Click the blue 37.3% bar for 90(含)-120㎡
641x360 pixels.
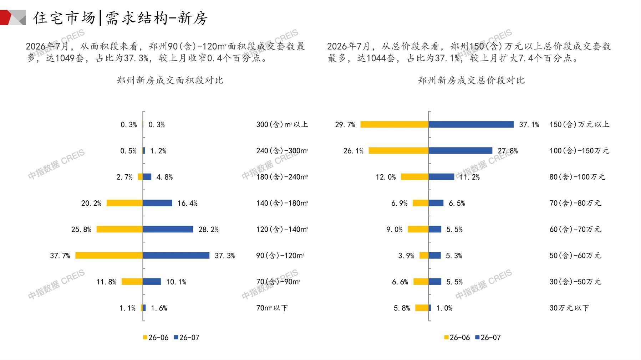coord(176,256)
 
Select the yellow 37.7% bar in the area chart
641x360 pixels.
coord(109,256)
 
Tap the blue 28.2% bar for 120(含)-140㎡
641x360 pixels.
coord(168,229)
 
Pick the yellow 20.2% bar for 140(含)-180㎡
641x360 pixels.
coord(125,203)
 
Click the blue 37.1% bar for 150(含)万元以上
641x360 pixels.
coord(471,124)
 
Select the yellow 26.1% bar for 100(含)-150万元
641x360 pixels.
coord(399,151)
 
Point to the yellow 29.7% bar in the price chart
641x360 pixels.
coord(395,124)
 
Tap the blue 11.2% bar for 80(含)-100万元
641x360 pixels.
coord(442,177)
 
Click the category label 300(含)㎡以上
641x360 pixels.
coord(282,124)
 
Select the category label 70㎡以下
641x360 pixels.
coord(272,308)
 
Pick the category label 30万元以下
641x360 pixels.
coord(569,308)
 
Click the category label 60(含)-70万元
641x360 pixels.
coord(575,229)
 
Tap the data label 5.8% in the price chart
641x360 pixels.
coord(402,308)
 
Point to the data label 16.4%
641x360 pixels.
coord(188,203)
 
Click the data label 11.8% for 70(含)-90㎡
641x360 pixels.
coord(106,282)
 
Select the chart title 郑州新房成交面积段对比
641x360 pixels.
coord(170,80)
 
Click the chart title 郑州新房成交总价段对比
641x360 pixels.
coord(472,80)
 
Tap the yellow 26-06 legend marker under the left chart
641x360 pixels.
coord(145,337)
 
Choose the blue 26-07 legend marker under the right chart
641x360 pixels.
coord(477,337)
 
